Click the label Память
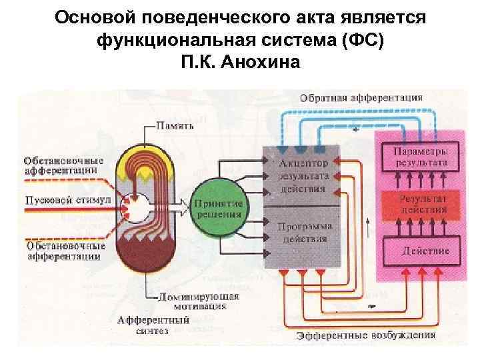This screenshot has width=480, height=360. click(x=175, y=125)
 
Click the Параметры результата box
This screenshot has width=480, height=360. click(x=418, y=155)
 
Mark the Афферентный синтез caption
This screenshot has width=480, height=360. click(x=153, y=325)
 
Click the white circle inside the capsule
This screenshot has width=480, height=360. click(x=142, y=207)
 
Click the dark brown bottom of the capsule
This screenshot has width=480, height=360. click(x=144, y=257)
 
